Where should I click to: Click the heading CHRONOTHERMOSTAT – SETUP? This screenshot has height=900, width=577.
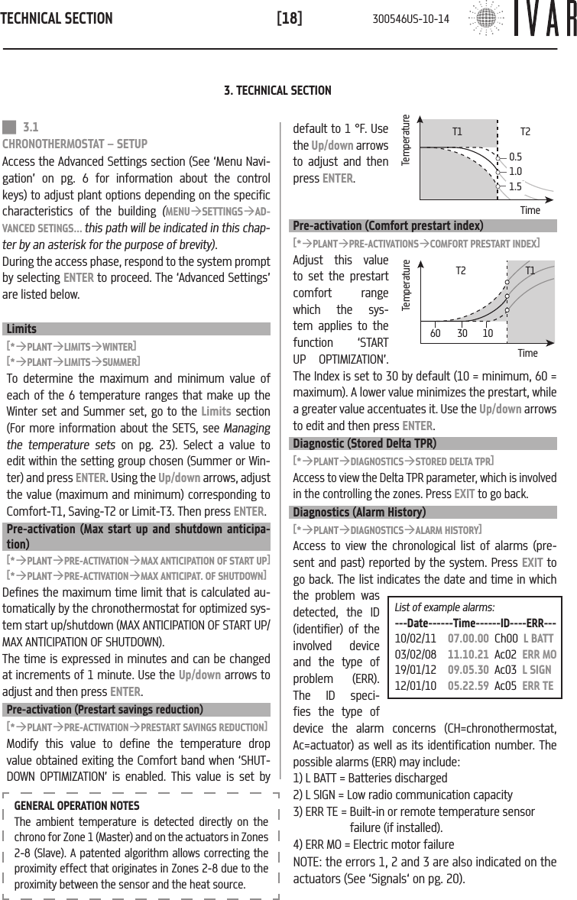(x=76, y=143)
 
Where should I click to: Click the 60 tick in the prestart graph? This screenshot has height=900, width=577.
(x=435, y=333)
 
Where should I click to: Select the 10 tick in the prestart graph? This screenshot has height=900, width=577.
(x=487, y=333)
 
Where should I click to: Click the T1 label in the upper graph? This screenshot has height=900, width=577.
(x=457, y=131)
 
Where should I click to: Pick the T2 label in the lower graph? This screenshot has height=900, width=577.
(x=461, y=270)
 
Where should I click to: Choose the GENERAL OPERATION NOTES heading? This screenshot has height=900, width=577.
(x=77, y=805)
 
